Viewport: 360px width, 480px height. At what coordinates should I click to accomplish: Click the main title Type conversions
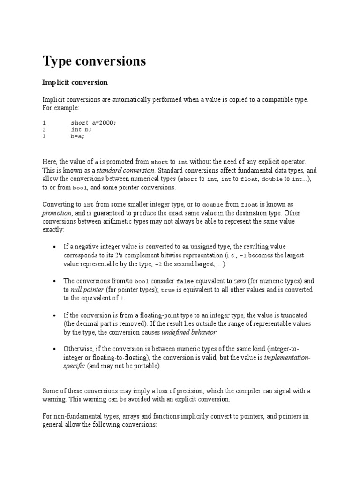pyautogui.click(x=94, y=61)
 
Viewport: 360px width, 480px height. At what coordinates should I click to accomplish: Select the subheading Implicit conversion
pyautogui.click(x=75, y=82)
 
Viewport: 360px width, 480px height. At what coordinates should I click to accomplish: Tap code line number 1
pyautogui.click(x=44, y=123)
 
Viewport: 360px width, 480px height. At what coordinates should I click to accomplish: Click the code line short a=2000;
pyautogui.click(x=93, y=123)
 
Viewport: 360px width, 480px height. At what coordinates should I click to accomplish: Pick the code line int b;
pyautogui.click(x=82, y=130)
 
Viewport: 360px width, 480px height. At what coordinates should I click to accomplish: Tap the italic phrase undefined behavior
pyautogui.click(x=189, y=332)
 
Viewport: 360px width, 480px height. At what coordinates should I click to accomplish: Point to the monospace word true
pyautogui.click(x=168, y=290)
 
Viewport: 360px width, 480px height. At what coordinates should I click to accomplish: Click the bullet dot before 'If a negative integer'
pyautogui.click(x=55, y=247)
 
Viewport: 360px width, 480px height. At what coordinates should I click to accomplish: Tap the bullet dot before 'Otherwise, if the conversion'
pyautogui.click(x=55, y=349)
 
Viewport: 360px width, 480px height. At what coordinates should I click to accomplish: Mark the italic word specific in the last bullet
pyautogui.click(x=74, y=366)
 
